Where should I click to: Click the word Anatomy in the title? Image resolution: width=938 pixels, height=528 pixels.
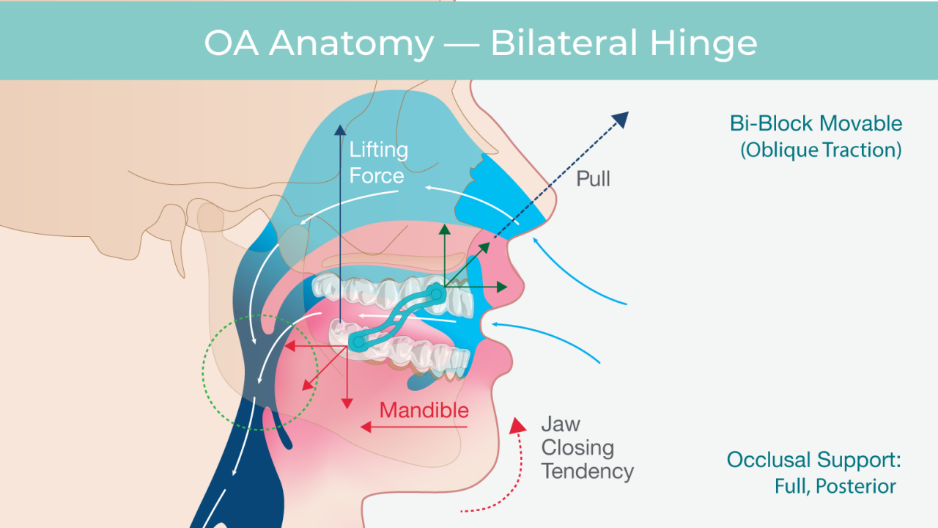coord(351,44)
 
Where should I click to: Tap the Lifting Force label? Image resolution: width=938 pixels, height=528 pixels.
coord(377,163)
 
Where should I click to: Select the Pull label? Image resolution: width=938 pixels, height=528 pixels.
coord(593,178)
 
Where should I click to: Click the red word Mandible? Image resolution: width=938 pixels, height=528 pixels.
coord(424,409)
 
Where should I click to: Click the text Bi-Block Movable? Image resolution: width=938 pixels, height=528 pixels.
coord(816,123)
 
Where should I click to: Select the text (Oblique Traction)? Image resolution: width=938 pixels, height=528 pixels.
coord(820,150)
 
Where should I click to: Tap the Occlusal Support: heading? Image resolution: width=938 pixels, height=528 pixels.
coord(813,460)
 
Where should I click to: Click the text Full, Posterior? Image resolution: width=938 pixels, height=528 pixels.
coord(835,486)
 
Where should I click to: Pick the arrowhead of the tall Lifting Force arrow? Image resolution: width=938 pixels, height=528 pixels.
coord(340,130)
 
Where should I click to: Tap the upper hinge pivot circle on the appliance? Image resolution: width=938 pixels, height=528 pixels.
coord(436,295)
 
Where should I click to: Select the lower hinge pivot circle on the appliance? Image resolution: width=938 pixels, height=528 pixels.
coord(358,342)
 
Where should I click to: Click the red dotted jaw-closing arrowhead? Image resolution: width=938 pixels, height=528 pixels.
coord(519,425)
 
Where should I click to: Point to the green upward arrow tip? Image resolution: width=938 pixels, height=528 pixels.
coord(443,230)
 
